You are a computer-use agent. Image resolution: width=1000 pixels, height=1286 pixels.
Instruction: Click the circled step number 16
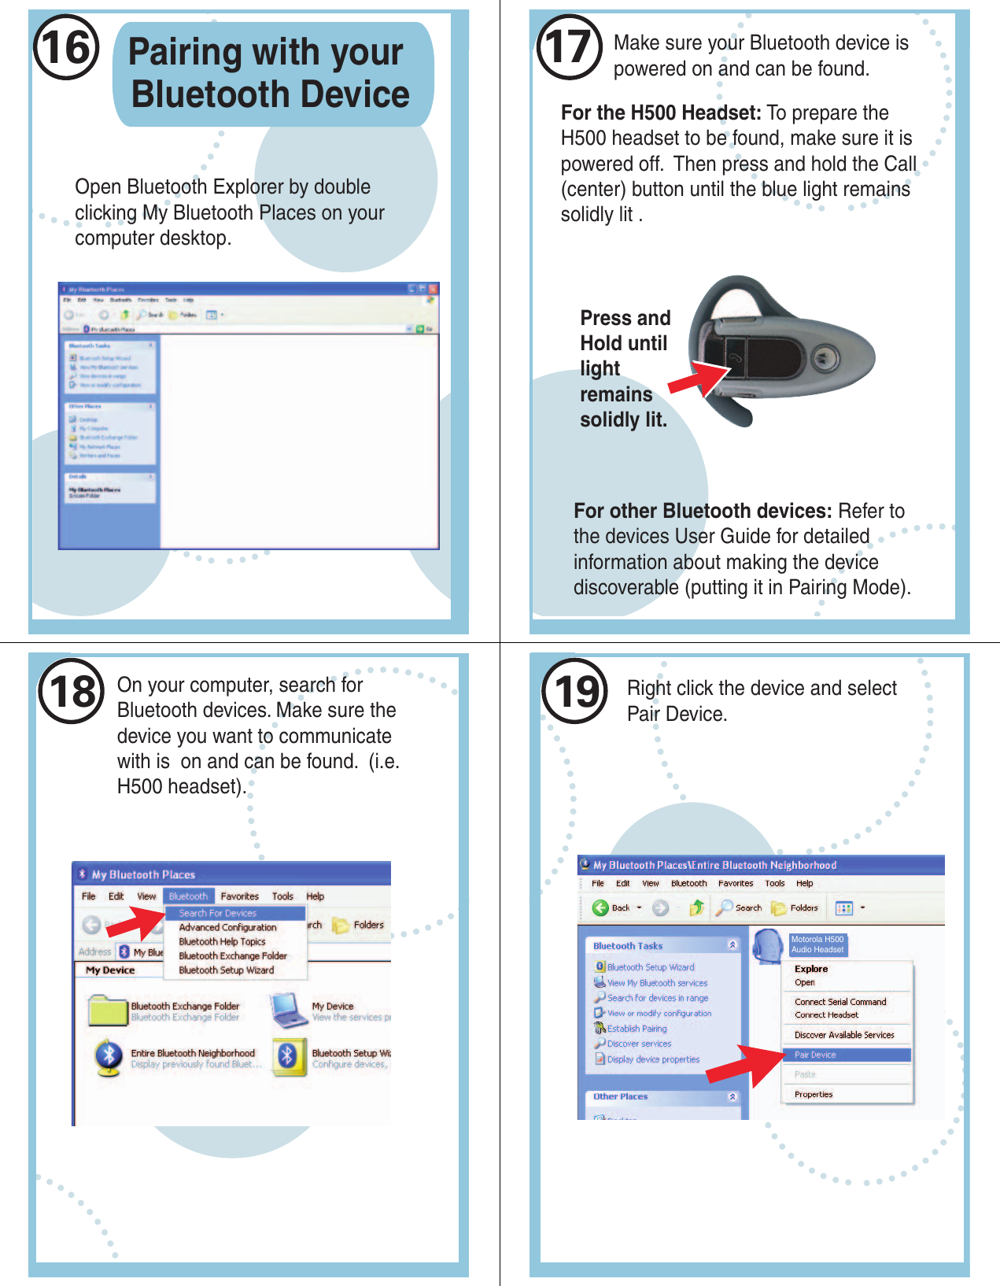[66, 47]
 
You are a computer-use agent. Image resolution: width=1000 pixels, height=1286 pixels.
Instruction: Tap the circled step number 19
[575, 691]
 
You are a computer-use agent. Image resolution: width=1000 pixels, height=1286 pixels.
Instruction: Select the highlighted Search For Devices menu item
[218, 913]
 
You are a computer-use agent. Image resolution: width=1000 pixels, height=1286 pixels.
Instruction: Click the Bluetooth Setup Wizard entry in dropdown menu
[227, 970]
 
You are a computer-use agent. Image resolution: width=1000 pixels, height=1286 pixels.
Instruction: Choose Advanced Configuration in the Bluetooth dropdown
[227, 927]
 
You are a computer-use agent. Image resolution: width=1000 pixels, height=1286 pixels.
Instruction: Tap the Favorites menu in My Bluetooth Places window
[239, 896]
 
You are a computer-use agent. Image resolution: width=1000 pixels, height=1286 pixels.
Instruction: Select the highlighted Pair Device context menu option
[815, 1054]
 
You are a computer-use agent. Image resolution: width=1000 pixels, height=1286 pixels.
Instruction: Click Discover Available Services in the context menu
[844, 1034]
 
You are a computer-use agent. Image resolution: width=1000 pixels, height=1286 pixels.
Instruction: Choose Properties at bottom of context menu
[814, 1094]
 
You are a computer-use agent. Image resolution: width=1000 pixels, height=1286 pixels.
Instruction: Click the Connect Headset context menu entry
[826, 1014]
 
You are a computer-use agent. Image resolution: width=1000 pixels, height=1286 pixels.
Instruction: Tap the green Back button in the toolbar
[601, 907]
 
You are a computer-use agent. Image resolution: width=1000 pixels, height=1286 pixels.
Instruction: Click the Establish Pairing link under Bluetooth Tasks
[637, 1028]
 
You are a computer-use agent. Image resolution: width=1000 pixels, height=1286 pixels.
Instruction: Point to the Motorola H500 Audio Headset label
[817, 944]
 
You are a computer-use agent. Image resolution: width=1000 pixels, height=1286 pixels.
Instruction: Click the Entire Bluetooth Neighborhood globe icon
[109, 1057]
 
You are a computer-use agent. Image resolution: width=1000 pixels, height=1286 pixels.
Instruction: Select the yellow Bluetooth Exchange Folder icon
[108, 1011]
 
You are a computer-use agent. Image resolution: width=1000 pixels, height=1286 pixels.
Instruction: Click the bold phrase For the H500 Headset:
[661, 113]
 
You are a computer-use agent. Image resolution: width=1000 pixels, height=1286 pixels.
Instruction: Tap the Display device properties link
[653, 1059]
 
